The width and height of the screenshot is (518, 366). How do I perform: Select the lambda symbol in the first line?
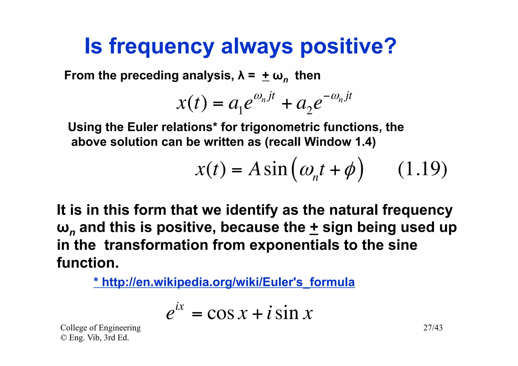tap(241, 76)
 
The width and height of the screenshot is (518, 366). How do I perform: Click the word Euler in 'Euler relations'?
tap(143, 127)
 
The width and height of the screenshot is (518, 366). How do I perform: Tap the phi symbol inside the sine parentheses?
tap(350, 170)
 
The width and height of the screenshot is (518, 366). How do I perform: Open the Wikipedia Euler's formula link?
tap(224, 282)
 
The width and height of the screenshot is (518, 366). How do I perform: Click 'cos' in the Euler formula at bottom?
tap(221, 314)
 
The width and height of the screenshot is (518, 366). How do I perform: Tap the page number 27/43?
tap(433, 328)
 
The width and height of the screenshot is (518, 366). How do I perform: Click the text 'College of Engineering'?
tap(100, 328)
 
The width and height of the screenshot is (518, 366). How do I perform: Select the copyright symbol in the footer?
tap(63, 338)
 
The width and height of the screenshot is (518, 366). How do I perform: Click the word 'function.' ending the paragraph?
tap(88, 263)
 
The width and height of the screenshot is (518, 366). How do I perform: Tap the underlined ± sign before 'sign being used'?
tap(314, 228)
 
